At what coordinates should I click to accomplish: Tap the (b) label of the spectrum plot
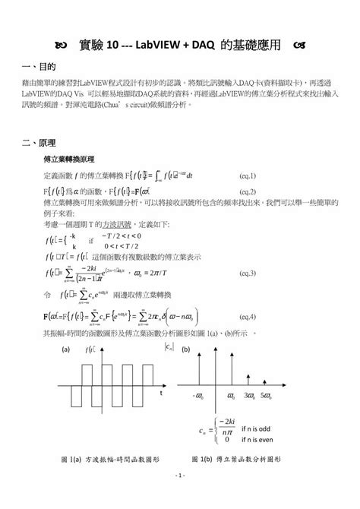click(x=185, y=350)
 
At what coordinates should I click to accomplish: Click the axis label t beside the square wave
click(x=162, y=394)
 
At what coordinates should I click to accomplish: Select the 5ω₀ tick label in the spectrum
click(x=266, y=396)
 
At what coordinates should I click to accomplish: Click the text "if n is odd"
click(x=261, y=428)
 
